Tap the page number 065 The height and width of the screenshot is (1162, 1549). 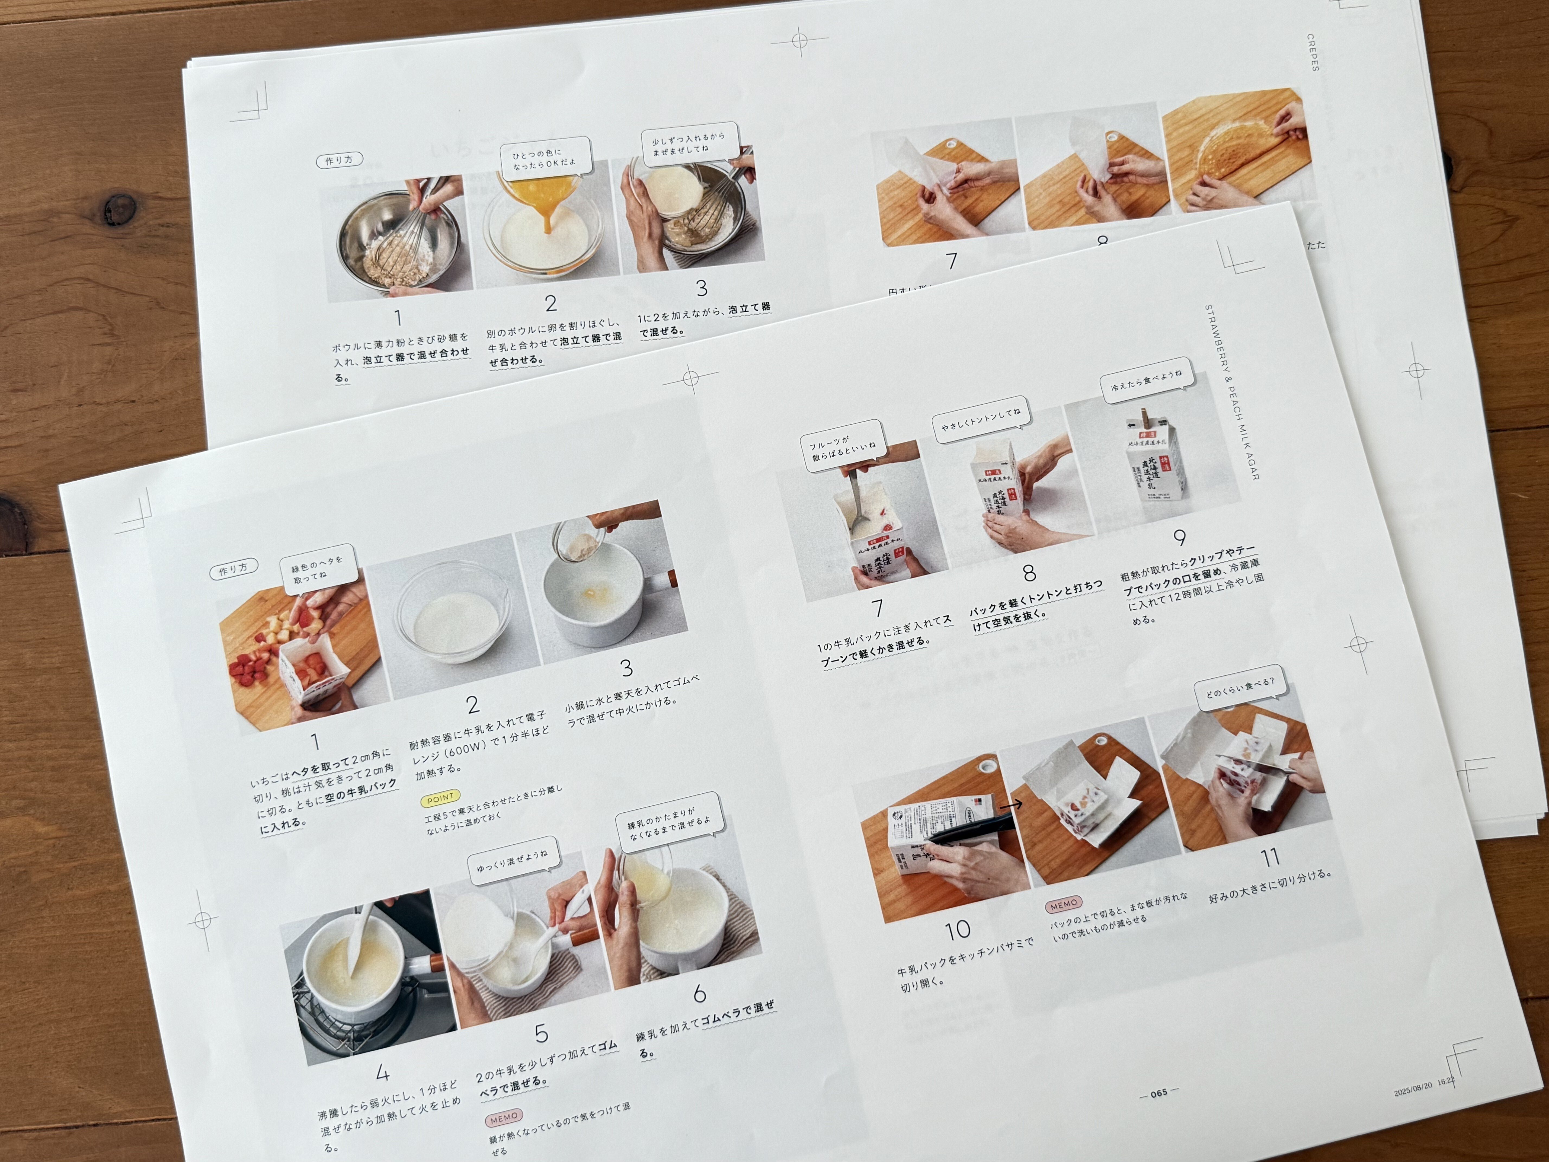point(1159,1093)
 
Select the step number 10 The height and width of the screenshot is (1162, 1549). point(957,930)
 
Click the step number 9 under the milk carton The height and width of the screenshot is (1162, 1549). point(1179,538)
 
